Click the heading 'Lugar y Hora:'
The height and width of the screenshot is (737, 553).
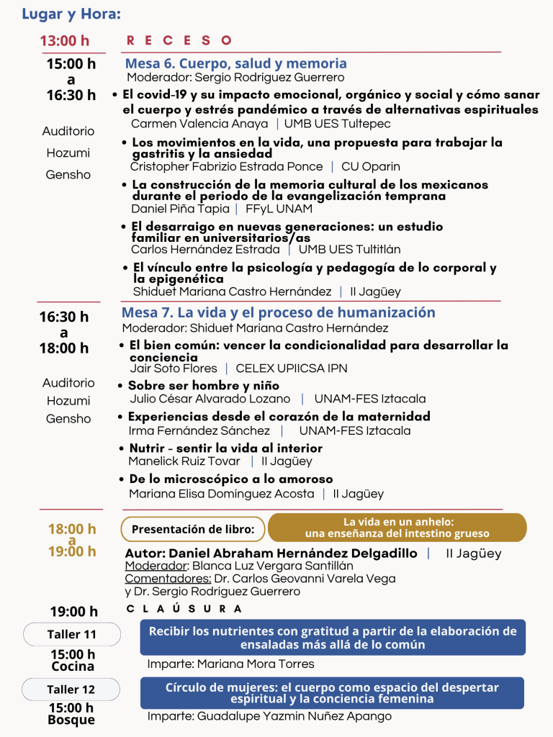click(71, 14)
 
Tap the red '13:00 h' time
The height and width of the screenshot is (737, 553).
click(65, 41)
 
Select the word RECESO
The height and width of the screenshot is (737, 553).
click(179, 41)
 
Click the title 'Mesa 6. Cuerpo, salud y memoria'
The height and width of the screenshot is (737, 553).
click(235, 63)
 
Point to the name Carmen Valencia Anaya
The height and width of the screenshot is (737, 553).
click(199, 124)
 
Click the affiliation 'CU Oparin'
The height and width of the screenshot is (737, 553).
click(371, 166)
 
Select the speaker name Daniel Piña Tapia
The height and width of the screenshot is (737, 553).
click(180, 209)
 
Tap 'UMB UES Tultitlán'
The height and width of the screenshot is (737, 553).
click(350, 250)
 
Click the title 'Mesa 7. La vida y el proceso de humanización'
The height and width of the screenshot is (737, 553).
click(278, 312)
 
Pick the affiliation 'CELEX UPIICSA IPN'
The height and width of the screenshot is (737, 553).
click(292, 368)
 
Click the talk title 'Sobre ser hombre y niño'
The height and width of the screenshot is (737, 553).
click(204, 386)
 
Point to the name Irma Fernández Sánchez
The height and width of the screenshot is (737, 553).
click(199, 430)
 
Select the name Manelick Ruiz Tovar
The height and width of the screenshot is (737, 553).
click(184, 461)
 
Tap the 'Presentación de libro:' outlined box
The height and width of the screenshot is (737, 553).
click(193, 529)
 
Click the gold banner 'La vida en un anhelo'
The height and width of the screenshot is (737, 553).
click(397, 528)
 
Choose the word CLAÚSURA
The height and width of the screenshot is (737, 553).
click(184, 609)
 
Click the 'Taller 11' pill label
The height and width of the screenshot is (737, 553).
click(71, 635)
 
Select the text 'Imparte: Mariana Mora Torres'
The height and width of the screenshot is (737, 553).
click(230, 664)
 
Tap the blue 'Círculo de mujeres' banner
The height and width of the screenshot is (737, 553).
click(332, 692)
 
